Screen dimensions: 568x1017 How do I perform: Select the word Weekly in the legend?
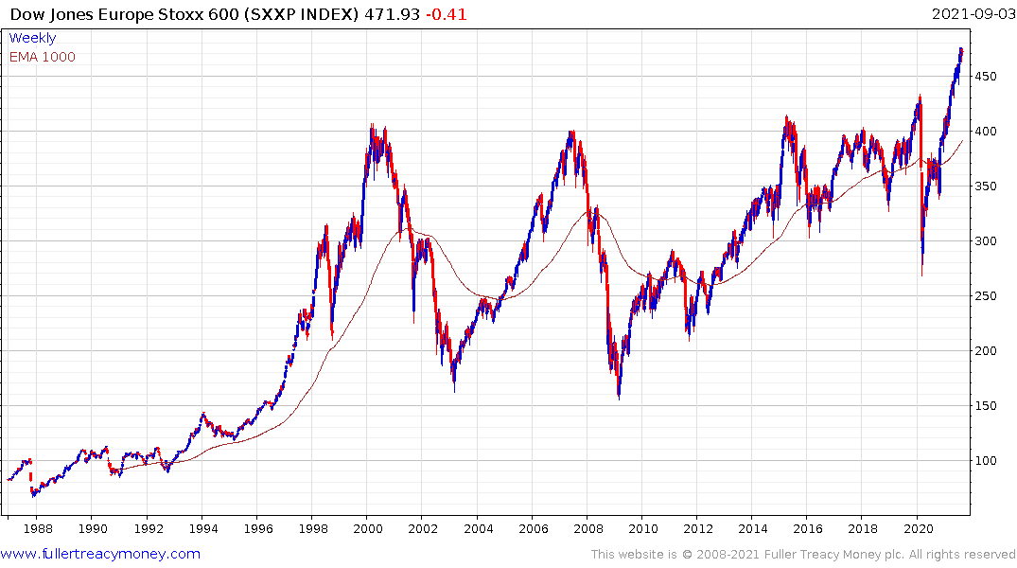pos(32,39)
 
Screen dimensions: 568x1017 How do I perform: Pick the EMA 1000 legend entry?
pos(42,57)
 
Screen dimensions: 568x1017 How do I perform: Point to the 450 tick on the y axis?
pos(988,77)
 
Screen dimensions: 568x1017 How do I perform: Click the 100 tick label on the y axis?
pos(988,461)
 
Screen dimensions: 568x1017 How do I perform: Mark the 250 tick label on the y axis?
pos(988,296)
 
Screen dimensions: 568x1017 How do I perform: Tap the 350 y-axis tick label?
pos(988,186)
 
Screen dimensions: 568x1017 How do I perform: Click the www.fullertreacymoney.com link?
pos(100,554)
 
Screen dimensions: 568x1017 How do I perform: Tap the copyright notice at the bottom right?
pos(803,554)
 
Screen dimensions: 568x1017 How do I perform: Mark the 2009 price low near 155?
pos(619,399)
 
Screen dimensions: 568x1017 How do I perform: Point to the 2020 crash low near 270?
pos(921,275)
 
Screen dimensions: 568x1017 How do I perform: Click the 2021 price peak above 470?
pos(961,48)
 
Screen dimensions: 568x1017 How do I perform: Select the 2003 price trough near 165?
pos(455,390)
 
